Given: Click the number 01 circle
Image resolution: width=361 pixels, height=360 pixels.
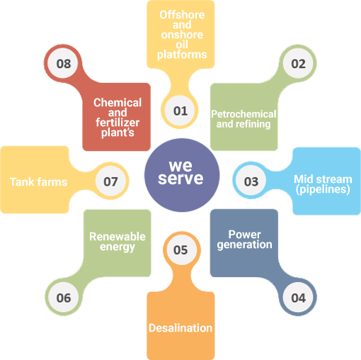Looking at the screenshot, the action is [180, 111].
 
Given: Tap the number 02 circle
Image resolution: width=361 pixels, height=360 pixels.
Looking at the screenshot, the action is [298, 63].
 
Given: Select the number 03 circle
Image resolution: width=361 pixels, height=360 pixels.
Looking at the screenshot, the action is [251, 181].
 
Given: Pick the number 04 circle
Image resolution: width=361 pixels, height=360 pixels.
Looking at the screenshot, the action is [298, 297].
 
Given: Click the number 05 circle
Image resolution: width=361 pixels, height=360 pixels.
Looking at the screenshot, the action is [182, 250].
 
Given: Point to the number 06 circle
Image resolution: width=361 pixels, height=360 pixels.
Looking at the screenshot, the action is [64, 297].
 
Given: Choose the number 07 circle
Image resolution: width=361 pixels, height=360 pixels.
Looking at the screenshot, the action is [110, 181].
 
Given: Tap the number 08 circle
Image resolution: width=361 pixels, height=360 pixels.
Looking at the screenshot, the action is [63, 63].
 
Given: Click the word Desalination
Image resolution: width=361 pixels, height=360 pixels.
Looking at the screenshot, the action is [180, 328].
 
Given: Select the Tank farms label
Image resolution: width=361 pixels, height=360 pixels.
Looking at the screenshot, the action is [38, 182].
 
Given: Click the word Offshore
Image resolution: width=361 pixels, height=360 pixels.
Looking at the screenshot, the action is [182, 15].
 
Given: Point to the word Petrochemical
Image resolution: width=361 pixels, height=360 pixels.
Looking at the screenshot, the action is [243, 114].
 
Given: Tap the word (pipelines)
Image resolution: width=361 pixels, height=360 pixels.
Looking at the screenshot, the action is [323, 189].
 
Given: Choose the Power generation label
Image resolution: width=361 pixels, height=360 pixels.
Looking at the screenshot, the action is [245, 240].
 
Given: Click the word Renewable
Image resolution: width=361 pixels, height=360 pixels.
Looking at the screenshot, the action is [118, 237].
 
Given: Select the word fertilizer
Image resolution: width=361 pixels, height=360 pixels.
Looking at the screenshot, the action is [118, 123].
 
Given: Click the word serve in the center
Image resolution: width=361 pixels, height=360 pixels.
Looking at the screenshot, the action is [180, 179].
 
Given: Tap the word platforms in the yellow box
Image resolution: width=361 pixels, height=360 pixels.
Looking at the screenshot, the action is [182, 55].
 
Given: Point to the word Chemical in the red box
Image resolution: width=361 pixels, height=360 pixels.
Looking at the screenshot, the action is [118, 103].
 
